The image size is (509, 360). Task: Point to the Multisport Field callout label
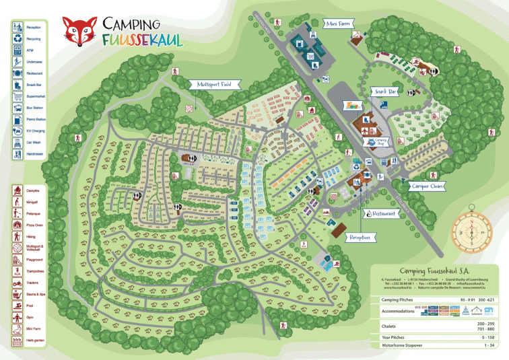(215, 85)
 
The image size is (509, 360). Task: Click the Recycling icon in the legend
(18, 39)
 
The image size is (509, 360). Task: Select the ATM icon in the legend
(18, 50)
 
